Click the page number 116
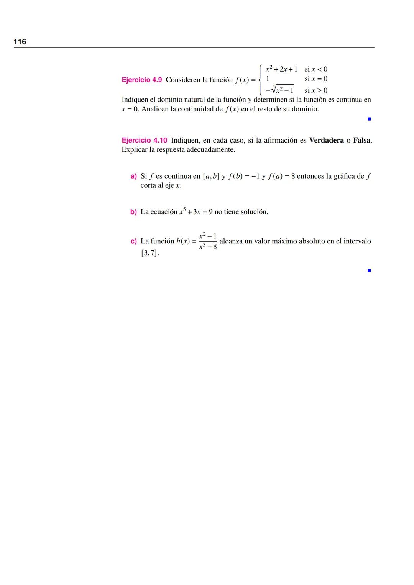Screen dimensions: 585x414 point(20,42)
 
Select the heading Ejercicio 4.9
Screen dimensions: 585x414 point(141,80)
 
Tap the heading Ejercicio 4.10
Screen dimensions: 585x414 point(144,140)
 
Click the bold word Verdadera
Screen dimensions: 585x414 point(326,140)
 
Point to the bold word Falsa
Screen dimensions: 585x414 point(362,140)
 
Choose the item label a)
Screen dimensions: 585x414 point(133,176)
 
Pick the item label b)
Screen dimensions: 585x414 point(133,212)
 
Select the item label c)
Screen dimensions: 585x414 point(133,241)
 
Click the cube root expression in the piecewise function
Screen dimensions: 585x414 point(280,90)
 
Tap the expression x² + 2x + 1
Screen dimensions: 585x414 point(281,69)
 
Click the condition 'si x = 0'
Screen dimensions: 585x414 point(316,79)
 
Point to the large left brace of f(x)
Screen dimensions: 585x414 point(261,80)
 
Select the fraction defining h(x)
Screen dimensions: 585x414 point(208,241)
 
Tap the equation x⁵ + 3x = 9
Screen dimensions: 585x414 point(196,211)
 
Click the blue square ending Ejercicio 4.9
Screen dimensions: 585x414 point(369,119)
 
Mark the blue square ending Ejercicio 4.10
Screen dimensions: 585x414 point(369,270)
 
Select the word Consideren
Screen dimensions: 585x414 point(184,80)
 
